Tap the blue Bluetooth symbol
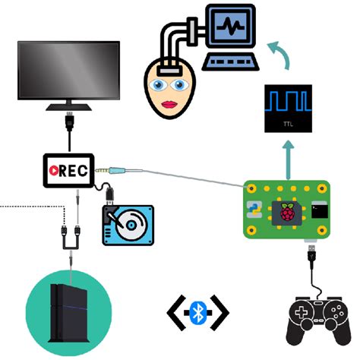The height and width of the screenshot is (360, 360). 198,311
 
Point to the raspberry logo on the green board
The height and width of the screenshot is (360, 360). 287,213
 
